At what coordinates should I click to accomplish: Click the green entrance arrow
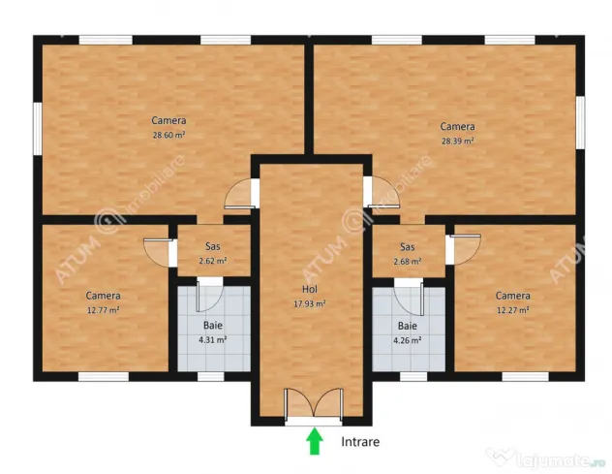(314, 442)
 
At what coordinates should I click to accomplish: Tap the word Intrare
(360, 442)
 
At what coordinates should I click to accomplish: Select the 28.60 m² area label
(168, 136)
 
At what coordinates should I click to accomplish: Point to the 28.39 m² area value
(457, 142)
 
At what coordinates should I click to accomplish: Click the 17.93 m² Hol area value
(310, 303)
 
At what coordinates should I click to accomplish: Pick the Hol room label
(310, 289)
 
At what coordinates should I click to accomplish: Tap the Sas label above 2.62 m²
(213, 246)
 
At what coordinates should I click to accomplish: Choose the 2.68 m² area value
(407, 262)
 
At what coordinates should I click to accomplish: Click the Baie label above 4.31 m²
(213, 325)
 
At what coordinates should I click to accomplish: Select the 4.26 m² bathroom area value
(407, 340)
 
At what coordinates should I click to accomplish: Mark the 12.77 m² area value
(103, 310)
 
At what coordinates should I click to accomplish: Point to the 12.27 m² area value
(512, 310)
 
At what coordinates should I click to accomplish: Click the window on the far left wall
(38, 129)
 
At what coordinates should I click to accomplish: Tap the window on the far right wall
(580, 123)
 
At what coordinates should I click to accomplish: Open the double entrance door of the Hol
(314, 404)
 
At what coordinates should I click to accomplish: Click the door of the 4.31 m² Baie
(209, 297)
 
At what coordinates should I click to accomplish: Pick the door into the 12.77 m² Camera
(157, 252)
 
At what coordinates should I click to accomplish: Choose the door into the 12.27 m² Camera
(465, 249)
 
